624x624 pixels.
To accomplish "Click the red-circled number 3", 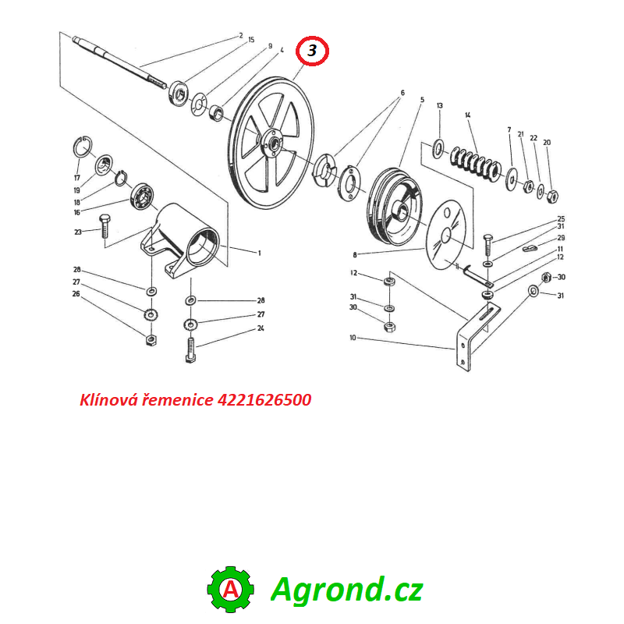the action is point(312,51).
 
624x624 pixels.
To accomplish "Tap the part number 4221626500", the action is point(264,400).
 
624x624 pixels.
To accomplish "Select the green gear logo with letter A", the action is point(231,590).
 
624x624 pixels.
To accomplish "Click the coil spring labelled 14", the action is point(474,163).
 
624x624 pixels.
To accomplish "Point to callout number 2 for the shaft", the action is point(241,36).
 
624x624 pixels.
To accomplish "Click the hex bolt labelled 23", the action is point(105,226).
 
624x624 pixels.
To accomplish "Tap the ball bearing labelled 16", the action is point(143,197).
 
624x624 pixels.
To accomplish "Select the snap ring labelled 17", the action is point(83,147).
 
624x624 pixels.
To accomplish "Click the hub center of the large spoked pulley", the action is point(273,144).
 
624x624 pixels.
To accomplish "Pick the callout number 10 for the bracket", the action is point(353,338).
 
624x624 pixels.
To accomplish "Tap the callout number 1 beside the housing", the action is point(260,253).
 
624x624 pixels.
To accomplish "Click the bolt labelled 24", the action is point(191,350).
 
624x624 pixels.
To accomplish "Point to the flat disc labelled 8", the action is point(445,235).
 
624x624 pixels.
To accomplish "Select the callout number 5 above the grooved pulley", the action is point(422,100).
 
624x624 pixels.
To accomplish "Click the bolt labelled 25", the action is point(488,245).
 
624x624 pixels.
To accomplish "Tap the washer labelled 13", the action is point(438,148).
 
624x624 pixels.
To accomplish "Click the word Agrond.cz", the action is point(346,590).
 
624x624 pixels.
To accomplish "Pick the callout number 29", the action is point(561,238).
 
